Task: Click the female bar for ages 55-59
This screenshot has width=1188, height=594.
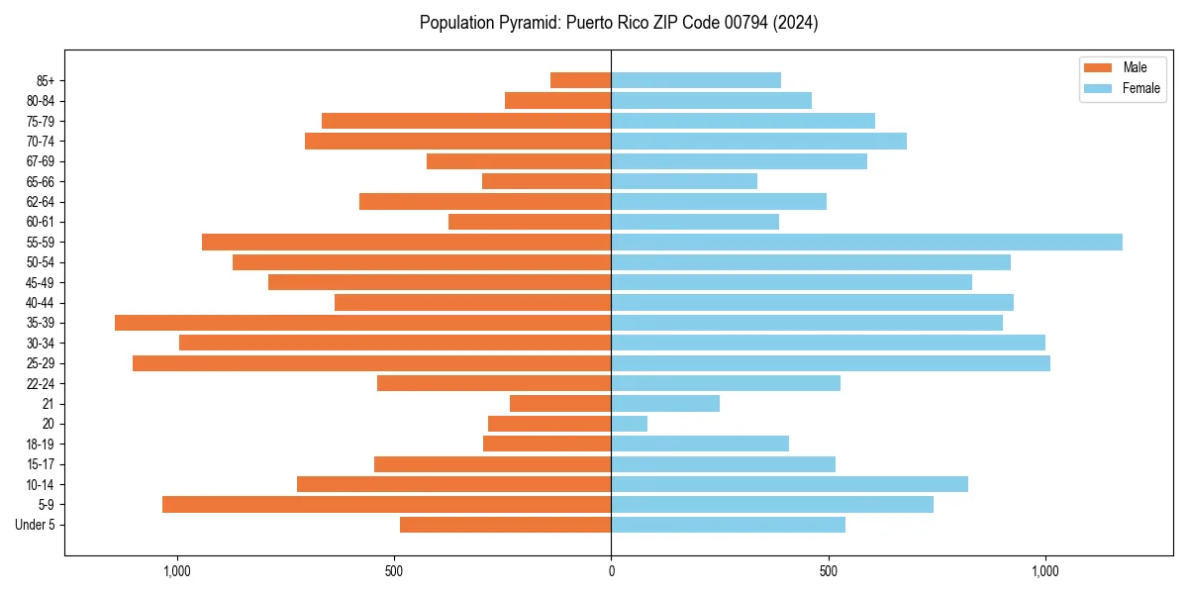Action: tap(866, 242)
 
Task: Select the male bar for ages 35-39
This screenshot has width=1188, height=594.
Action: tap(362, 323)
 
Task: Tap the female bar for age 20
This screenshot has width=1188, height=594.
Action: tap(630, 424)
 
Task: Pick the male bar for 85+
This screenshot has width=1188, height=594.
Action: tap(581, 80)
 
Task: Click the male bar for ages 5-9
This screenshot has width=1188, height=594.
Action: tap(386, 504)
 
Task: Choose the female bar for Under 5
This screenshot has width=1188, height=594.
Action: tap(728, 525)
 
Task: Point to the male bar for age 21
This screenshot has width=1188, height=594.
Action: tap(560, 404)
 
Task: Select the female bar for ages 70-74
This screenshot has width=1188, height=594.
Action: tap(758, 141)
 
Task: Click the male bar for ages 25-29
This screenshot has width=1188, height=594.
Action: tap(371, 363)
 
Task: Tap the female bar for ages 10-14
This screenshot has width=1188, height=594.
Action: tap(789, 484)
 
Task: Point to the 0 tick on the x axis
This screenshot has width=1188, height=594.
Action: tap(611, 571)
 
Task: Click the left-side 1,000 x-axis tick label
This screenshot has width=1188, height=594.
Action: tap(176, 571)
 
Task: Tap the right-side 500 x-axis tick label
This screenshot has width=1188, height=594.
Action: tap(829, 571)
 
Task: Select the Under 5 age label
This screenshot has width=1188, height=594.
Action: tap(35, 525)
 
